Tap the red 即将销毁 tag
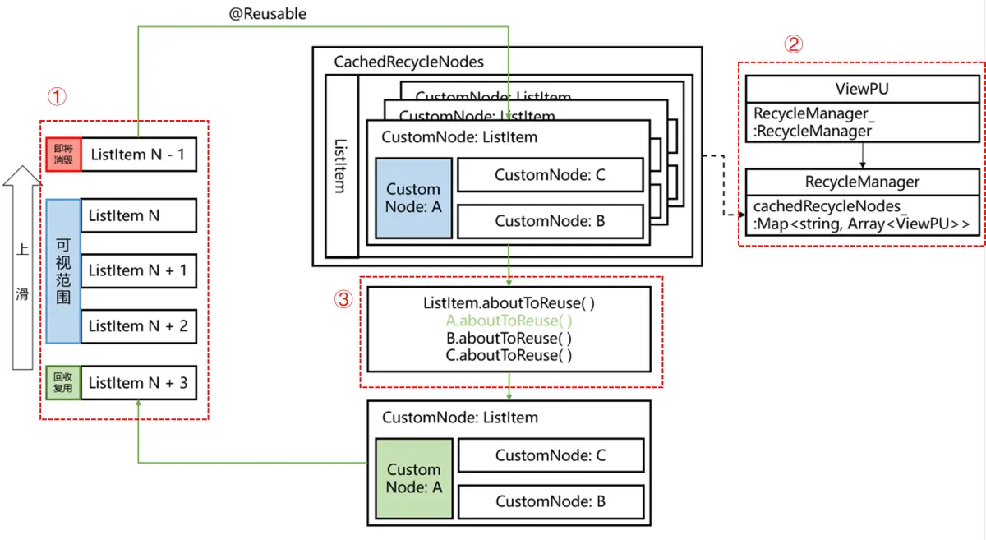point(63,154)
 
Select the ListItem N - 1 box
point(138,154)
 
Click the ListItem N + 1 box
point(138,270)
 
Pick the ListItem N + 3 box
point(138,382)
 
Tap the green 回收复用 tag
point(63,383)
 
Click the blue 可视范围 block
point(63,270)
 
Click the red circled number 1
point(56,97)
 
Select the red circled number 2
point(793,45)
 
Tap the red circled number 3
point(343,300)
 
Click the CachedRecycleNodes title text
point(408,62)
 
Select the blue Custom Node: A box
point(413,198)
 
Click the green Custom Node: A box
point(413,478)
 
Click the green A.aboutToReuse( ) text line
point(509,321)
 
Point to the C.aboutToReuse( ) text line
point(509,355)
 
